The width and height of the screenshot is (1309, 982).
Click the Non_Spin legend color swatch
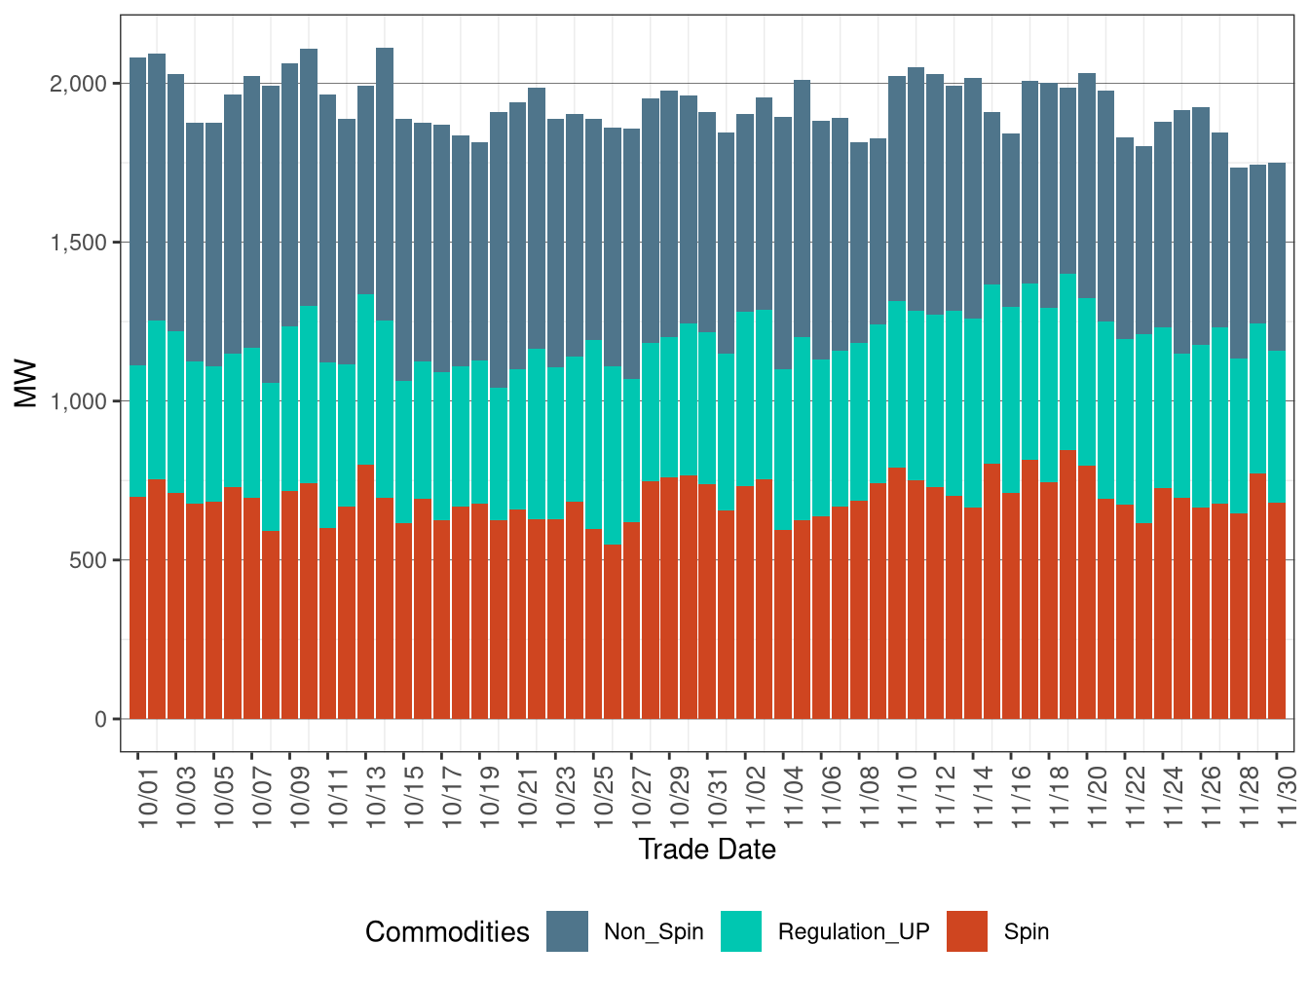567,931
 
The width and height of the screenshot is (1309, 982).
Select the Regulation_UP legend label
853,932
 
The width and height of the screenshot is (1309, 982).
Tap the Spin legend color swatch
966,931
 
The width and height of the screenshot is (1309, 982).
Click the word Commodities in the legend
447,932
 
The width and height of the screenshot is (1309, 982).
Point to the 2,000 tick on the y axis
78,84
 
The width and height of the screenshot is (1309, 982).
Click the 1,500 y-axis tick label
78,243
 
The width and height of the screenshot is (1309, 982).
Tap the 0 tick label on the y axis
101,719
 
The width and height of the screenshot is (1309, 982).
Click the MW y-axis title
26,384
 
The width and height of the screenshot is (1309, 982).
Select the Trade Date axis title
707,850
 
